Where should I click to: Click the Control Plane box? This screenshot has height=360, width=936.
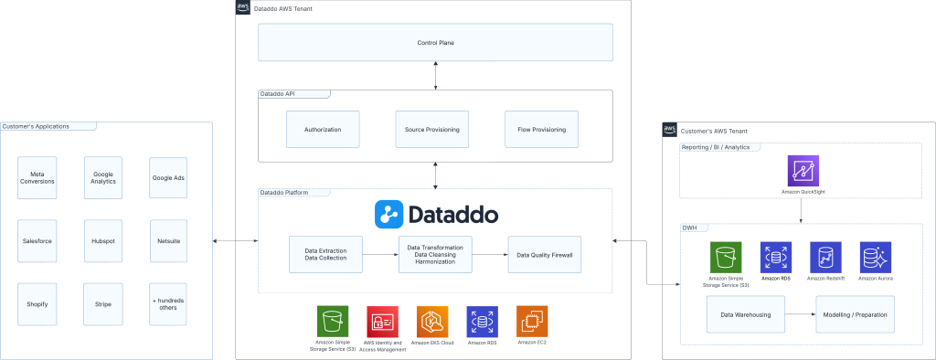coord(435,43)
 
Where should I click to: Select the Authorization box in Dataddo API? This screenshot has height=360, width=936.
coord(323,130)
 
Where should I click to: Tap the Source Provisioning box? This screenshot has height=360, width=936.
coord(432,130)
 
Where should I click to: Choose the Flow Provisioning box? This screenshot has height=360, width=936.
coord(541,130)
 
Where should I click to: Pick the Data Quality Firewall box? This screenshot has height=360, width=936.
coord(544,255)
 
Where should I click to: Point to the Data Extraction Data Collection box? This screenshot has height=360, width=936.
coord(324,255)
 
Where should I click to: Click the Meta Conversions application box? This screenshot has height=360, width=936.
coord(37,175)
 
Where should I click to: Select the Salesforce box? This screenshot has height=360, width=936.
coord(37,240)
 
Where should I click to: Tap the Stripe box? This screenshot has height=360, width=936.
coord(102,303)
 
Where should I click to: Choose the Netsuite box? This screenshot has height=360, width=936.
coord(168,240)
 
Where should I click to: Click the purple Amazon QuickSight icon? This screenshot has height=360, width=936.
coord(803,171)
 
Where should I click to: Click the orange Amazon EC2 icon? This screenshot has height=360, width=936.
coord(532,321)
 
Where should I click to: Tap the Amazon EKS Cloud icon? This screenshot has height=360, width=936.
coord(431,321)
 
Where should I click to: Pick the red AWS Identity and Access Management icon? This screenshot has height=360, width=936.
coord(381,321)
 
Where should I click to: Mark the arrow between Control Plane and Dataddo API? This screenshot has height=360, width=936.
coord(435,76)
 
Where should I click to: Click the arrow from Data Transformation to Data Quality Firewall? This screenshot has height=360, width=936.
coord(490,255)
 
